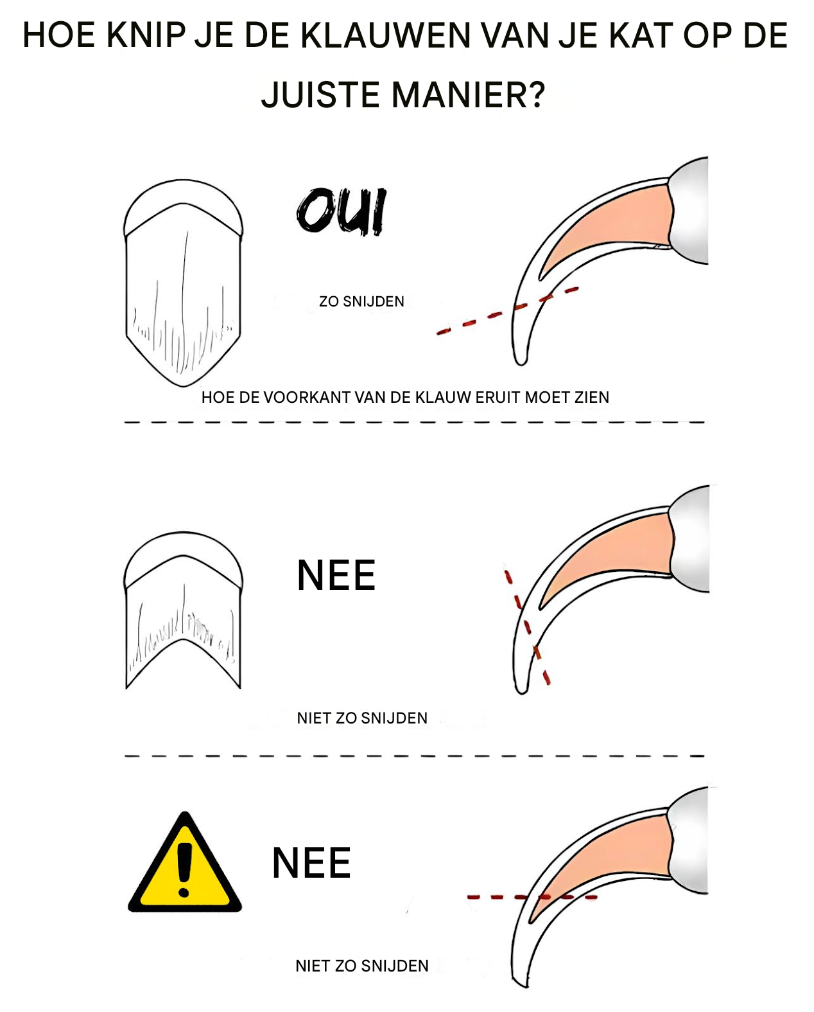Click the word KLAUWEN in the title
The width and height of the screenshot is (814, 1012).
tap(385, 35)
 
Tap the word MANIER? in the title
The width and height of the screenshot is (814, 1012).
tap(468, 94)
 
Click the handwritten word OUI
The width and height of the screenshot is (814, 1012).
tap(342, 211)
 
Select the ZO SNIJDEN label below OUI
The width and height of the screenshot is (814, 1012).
tap(361, 301)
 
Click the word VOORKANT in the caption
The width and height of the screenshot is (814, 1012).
tap(306, 398)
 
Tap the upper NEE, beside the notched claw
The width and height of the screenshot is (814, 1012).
tap(336, 575)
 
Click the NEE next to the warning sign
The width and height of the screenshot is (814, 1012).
tap(311, 863)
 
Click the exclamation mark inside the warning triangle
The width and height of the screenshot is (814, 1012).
tap(184, 870)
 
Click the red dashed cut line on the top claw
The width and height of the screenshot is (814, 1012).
tap(508, 312)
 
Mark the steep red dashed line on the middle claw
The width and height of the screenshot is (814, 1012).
tap(527, 628)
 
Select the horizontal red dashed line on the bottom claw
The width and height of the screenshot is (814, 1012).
tap(532, 897)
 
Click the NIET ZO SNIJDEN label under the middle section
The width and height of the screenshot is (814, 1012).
tap(362, 718)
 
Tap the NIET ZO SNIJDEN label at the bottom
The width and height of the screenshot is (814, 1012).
tap(362, 966)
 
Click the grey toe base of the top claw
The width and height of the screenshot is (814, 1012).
tap(690, 211)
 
